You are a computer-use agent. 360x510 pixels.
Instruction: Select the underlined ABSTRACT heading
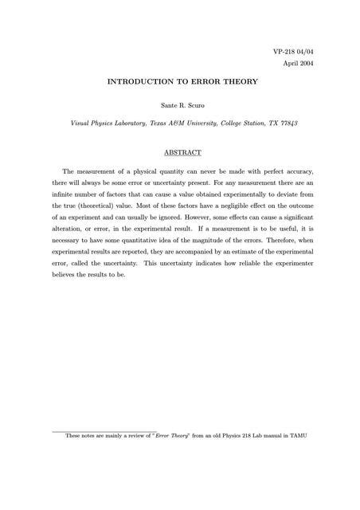[180, 152]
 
